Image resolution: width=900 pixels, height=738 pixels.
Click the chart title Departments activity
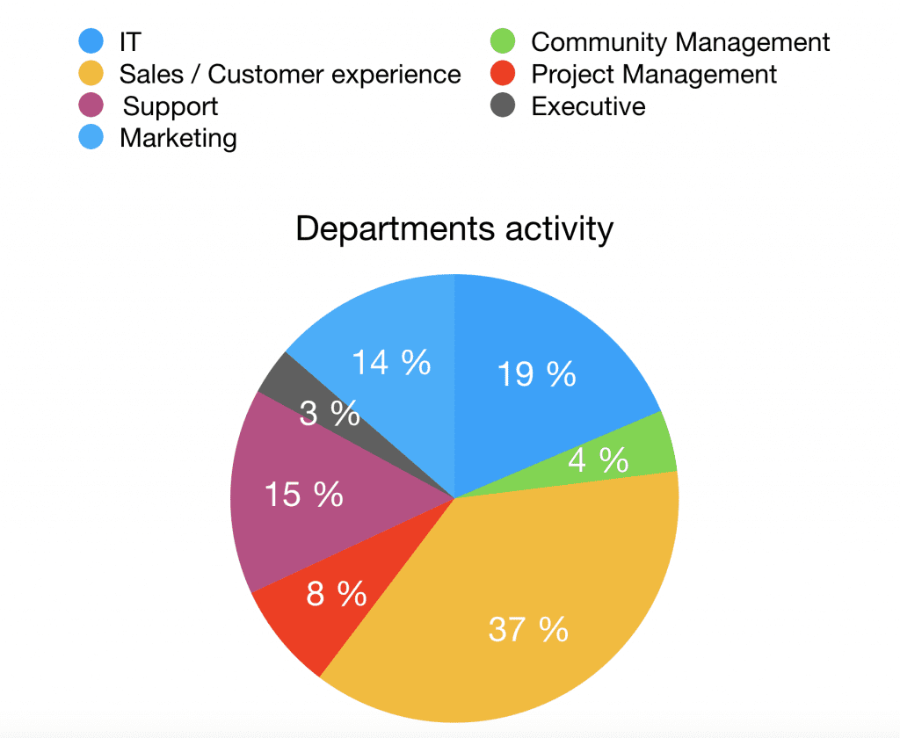pyautogui.click(x=454, y=228)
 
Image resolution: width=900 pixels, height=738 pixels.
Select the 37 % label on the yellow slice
pyautogui.click(x=528, y=629)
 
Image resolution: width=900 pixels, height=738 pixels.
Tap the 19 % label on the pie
pyautogui.click(x=536, y=374)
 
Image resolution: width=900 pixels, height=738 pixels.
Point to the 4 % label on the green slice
pyautogui.click(x=599, y=459)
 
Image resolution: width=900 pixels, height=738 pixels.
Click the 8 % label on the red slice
pyautogui.click(x=336, y=595)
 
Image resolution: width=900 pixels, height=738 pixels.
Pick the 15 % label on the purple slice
pyautogui.click(x=303, y=495)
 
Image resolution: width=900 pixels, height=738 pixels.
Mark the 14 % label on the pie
pyautogui.click(x=391, y=362)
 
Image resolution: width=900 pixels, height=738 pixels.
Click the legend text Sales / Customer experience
pyautogui.click(x=290, y=75)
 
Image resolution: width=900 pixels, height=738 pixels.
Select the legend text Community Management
pyautogui.click(x=680, y=42)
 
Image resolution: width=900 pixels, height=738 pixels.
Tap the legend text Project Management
pyautogui.click(x=654, y=75)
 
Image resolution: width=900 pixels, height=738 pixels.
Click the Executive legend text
pyautogui.click(x=588, y=107)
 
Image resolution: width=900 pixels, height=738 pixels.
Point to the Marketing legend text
pyautogui.click(x=178, y=138)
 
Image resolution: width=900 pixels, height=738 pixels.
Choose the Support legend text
pyautogui.click(x=171, y=107)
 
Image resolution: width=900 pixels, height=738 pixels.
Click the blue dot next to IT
pyautogui.click(x=91, y=41)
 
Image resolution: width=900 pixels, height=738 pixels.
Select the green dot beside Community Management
pyautogui.click(x=503, y=41)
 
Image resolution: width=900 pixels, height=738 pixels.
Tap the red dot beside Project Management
pyautogui.click(x=503, y=74)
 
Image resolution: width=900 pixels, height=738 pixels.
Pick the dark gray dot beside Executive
pyautogui.click(x=503, y=106)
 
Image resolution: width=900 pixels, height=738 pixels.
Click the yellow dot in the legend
pyautogui.click(x=91, y=74)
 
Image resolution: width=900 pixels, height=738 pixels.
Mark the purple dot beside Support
pyautogui.click(x=91, y=106)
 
